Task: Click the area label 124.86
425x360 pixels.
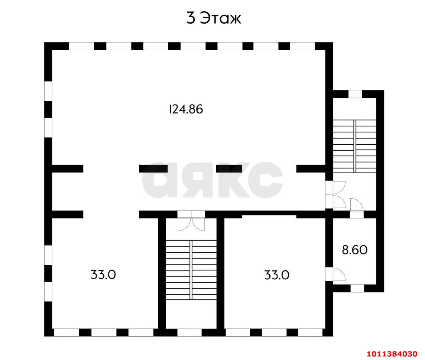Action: (186, 109)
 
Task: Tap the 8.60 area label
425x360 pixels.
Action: (354, 250)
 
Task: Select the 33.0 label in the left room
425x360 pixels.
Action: (103, 274)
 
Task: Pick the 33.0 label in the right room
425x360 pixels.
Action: (277, 275)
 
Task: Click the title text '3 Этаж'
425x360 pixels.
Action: (214, 18)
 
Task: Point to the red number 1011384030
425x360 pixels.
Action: (392, 354)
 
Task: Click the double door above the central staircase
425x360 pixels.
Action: (191, 221)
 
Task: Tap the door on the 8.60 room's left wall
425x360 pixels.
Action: (335, 274)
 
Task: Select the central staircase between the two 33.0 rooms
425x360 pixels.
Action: (191, 270)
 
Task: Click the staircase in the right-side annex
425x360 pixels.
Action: (354, 146)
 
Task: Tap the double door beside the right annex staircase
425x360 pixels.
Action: (335, 195)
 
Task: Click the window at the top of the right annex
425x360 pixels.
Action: (355, 94)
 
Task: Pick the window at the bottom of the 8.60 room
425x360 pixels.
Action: (357, 288)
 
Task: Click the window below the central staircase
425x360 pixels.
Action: (189, 332)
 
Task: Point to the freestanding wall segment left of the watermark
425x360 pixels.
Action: (153, 168)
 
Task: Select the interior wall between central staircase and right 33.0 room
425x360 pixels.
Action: (221, 273)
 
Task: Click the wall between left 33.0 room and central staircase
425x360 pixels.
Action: (162, 273)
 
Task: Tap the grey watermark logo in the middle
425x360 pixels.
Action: (212, 180)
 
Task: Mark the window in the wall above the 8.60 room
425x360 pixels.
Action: (357, 214)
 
